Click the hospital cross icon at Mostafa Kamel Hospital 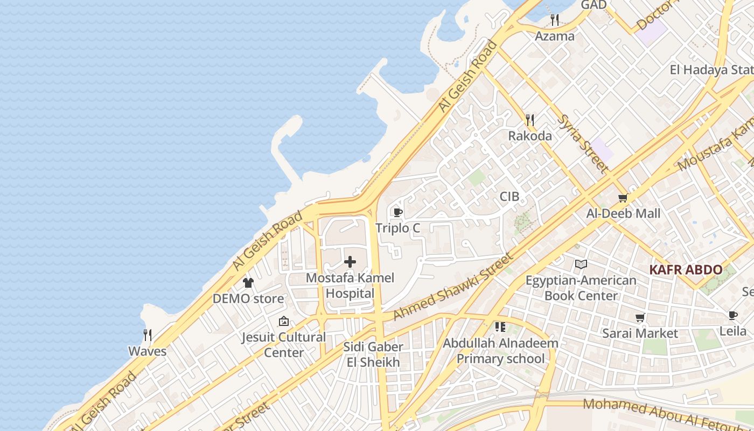pyautogui.click(x=350, y=262)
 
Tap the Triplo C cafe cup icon pyautogui.click(x=398, y=212)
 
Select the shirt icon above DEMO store pyautogui.click(x=248, y=282)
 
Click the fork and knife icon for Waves pyautogui.click(x=148, y=335)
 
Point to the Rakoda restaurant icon pyautogui.click(x=530, y=120)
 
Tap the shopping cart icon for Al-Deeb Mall pyautogui.click(x=623, y=198)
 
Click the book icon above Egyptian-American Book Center pyautogui.click(x=581, y=264)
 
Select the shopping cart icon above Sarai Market pyautogui.click(x=640, y=317)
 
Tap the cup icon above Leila pyautogui.click(x=732, y=315)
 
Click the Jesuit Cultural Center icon pyautogui.click(x=283, y=322)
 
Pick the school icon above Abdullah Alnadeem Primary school pyautogui.click(x=500, y=326)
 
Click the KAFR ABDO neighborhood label pyautogui.click(x=686, y=270)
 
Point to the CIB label pyautogui.click(x=509, y=197)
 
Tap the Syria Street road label pyautogui.click(x=583, y=143)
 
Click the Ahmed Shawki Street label pyautogui.click(x=453, y=287)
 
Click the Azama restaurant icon pyautogui.click(x=555, y=20)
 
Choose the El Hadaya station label pyautogui.click(x=711, y=70)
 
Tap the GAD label pyautogui.click(x=594, y=5)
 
